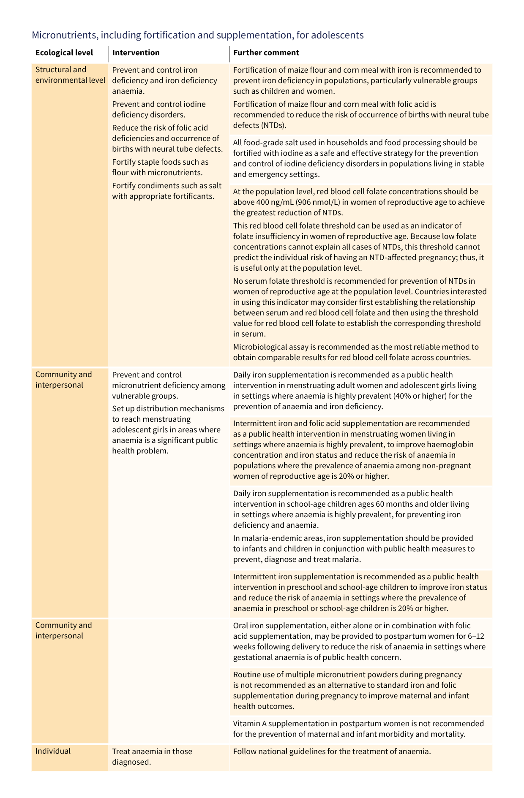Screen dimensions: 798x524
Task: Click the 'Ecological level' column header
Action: pos(64,53)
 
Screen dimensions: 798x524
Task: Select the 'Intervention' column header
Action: pos(136,53)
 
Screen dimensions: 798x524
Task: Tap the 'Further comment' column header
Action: pos(266,53)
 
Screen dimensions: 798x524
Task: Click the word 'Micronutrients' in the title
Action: pos(64,35)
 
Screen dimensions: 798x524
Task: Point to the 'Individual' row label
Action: pos(53,751)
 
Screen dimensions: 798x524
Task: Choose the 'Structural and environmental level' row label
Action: pos(70,75)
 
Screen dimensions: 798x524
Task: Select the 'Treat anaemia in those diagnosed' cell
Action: pos(152,757)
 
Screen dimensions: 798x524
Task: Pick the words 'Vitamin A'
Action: pos(249,723)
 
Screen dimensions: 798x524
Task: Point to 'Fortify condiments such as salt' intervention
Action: pos(166,186)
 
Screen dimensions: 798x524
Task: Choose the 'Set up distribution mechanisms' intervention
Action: pos(168,409)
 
